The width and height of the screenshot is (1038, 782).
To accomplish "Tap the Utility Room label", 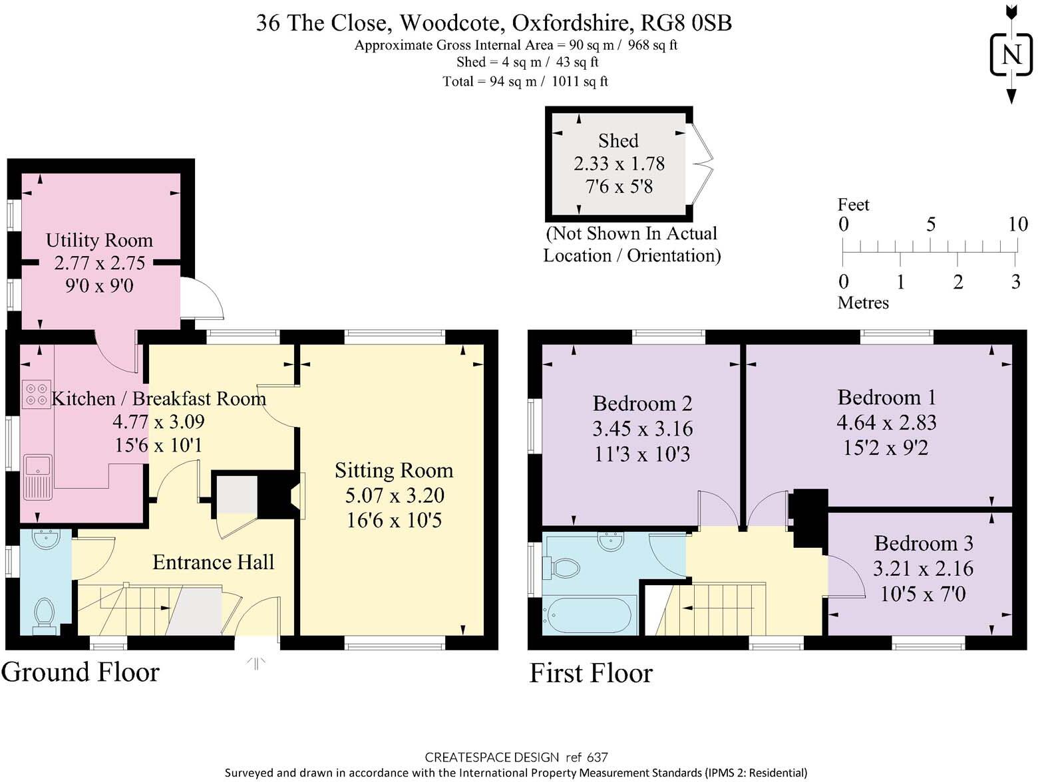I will coord(99,240).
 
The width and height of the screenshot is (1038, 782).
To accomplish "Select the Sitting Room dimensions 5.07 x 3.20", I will coord(395,495).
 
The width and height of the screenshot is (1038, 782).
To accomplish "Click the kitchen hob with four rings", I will coord(36,394).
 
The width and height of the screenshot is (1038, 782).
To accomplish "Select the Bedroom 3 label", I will coord(924,543).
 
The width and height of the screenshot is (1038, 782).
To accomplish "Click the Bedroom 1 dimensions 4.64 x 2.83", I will coord(886,422).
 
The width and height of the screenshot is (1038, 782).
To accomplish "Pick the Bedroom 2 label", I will coord(642,404).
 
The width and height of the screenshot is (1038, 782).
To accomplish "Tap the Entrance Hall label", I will coord(213,563).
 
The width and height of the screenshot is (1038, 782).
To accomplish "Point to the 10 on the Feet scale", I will coord(1017,224).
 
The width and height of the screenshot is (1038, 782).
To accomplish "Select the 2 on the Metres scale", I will coord(957,282).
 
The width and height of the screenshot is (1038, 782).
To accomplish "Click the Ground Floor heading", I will coord(81,672).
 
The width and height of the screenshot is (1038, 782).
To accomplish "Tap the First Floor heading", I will coord(591,673).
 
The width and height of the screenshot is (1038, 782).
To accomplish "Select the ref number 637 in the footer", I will coord(597,757).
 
